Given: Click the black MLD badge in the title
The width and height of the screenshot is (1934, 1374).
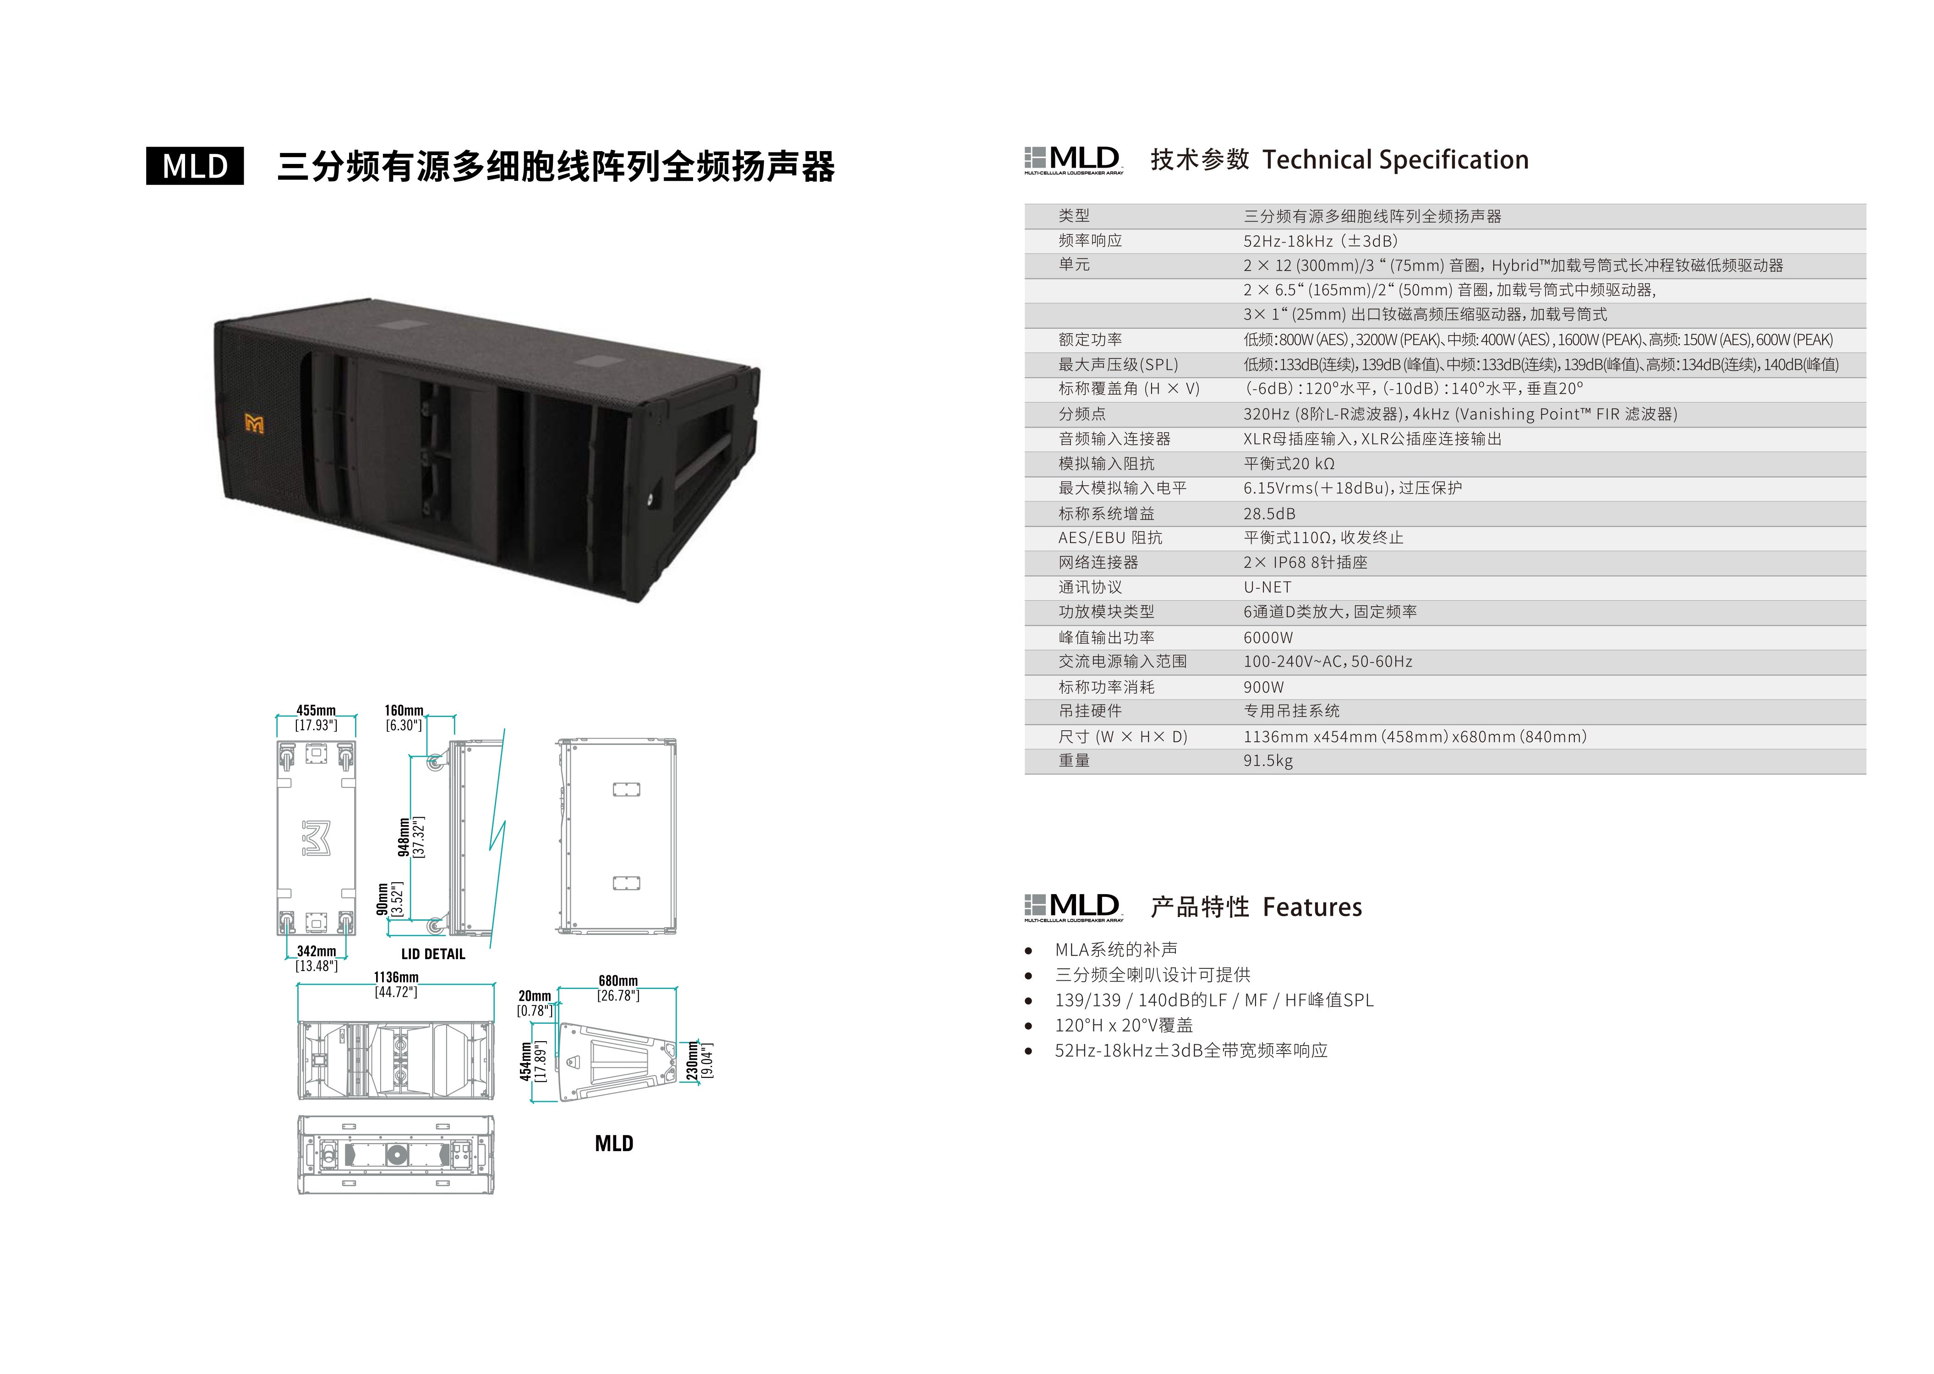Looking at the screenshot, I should (195, 166).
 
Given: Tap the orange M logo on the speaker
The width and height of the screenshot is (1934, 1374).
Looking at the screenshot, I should (254, 423).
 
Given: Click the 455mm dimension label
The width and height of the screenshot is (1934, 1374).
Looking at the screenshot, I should (316, 711).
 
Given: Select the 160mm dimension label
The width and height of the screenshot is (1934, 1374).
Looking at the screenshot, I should (404, 711).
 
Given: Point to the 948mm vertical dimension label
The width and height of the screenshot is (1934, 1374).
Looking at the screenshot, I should (404, 837).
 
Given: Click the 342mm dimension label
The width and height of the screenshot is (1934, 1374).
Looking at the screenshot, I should (316, 951).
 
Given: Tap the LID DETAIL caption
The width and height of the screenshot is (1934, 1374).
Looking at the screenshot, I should (432, 954).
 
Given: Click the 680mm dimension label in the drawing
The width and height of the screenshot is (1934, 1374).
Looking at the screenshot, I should (618, 981).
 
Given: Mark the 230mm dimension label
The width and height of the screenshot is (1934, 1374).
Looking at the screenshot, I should (692, 1060).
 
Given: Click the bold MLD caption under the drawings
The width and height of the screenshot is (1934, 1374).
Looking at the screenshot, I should (614, 1144).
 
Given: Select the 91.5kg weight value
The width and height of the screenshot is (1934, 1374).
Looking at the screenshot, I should (1268, 760).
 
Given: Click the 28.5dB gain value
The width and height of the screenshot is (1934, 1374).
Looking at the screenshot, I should (1269, 514).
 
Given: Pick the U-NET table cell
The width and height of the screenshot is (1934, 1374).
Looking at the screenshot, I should (1267, 587).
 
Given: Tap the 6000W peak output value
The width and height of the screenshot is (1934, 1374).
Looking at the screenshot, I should (1268, 637).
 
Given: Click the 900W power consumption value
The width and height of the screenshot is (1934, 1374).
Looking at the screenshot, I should (1263, 687).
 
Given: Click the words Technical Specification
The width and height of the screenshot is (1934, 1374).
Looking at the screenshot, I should (1395, 160).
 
